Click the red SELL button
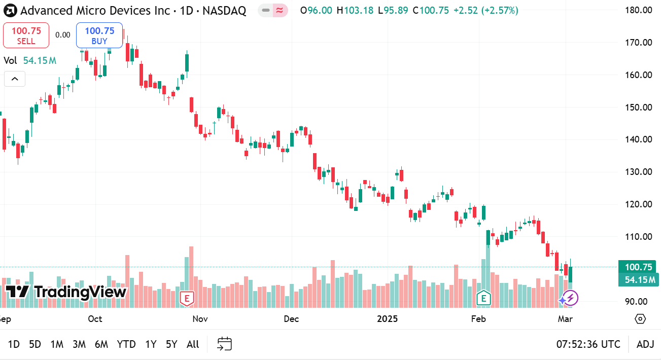pyautogui.click(x=26, y=35)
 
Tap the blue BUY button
pyautogui.click(x=99, y=35)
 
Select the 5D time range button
pyautogui.click(x=35, y=344)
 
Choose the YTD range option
pyautogui.click(x=126, y=344)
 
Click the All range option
pyautogui.click(x=193, y=344)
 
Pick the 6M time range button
pyautogui.click(x=101, y=344)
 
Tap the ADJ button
pyautogui.click(x=645, y=344)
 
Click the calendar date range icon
pyautogui.click(x=224, y=344)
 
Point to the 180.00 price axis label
pyautogui.click(x=639, y=10)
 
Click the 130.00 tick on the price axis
pyautogui.click(x=639, y=172)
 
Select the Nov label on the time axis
pyautogui.click(x=200, y=319)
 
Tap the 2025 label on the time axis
pyautogui.click(x=388, y=319)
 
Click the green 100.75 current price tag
pyautogui.click(x=638, y=267)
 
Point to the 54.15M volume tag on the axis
pyautogui.click(x=638, y=279)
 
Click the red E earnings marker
pyautogui.click(x=187, y=299)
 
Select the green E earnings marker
pyautogui.click(x=483, y=299)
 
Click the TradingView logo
pyautogui.click(x=66, y=292)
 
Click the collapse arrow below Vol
pyautogui.click(x=15, y=79)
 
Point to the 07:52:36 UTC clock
pyautogui.click(x=588, y=344)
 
